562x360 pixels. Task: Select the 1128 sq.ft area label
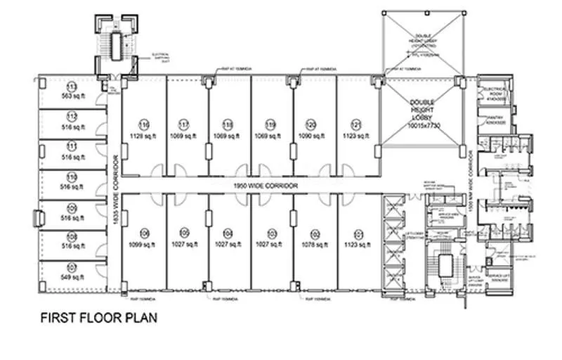coord(144,136)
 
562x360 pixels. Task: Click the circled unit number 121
coord(357,124)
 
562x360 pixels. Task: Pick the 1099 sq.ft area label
coord(144,244)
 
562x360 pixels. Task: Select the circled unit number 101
coord(357,233)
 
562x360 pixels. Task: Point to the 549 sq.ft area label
coord(72,278)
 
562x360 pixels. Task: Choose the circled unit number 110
coord(72,176)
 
